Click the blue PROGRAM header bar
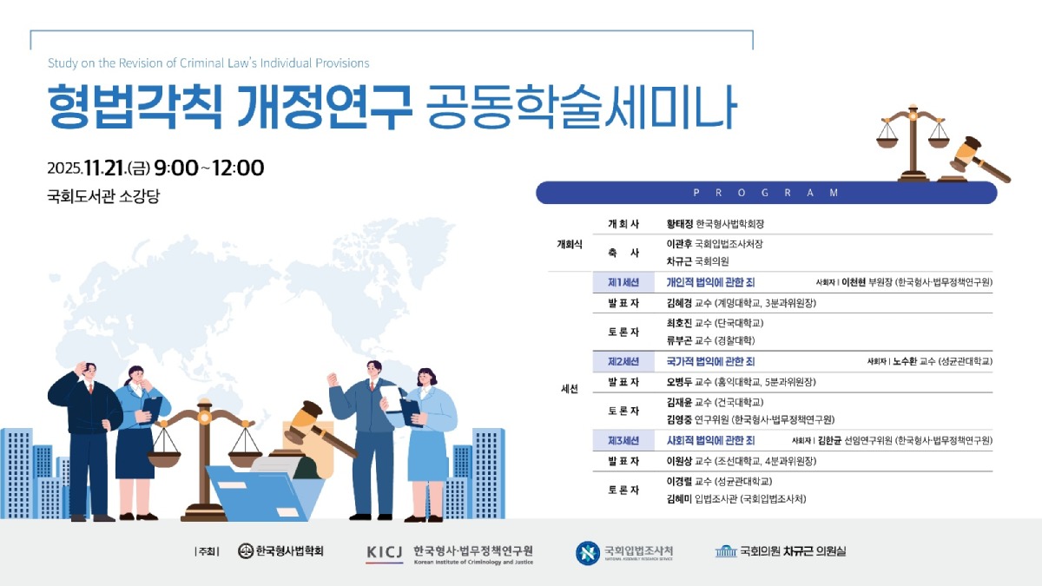(x=766, y=193)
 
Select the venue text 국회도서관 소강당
(x=103, y=197)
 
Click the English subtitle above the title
(x=208, y=63)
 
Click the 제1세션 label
(x=623, y=282)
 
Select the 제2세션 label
(x=623, y=361)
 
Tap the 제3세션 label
(x=623, y=441)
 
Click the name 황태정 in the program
(x=680, y=224)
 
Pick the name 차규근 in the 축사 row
(x=680, y=261)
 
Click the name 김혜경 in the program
(x=680, y=303)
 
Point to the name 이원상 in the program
(x=680, y=461)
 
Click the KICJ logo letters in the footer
(x=385, y=551)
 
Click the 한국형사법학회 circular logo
(x=246, y=551)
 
